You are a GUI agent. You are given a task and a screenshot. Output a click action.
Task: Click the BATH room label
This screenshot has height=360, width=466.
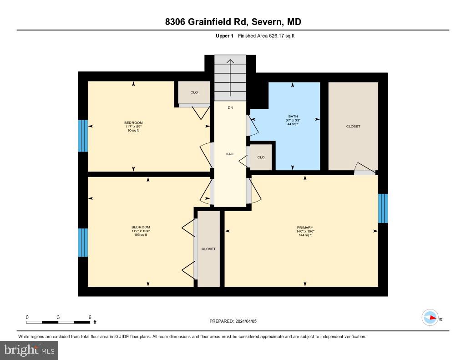[293, 116]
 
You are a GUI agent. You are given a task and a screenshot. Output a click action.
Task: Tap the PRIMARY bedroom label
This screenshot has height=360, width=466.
[305, 228]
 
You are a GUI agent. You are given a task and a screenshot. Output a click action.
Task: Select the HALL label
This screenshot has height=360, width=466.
[230, 154]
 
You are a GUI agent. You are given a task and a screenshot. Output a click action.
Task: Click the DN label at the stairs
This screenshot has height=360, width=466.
[230, 108]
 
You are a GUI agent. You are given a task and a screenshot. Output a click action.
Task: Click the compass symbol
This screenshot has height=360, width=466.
[430, 317]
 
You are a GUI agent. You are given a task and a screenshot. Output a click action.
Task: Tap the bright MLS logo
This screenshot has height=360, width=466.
[29, 350]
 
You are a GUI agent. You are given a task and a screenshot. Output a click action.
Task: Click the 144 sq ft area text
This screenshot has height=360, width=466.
[305, 235]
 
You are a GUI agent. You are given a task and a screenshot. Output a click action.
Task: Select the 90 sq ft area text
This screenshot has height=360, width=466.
[133, 130]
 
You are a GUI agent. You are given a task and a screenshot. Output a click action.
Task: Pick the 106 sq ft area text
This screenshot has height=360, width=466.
[140, 235]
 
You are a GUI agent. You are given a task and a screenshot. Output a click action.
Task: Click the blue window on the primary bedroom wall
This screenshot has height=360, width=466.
[383, 208]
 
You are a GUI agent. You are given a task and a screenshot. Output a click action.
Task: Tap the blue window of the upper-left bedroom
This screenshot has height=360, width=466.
[82, 136]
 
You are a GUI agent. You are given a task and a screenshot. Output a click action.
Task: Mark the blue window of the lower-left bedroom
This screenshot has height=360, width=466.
[82, 243]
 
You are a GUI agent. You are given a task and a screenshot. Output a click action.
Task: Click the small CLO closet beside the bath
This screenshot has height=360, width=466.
[261, 157]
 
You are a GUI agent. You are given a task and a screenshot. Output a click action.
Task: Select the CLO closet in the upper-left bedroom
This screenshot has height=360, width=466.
[194, 92]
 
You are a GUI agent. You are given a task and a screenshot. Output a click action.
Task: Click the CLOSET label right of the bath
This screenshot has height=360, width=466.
[353, 127]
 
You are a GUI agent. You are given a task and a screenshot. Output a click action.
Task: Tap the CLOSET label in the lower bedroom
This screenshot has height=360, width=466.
[208, 249]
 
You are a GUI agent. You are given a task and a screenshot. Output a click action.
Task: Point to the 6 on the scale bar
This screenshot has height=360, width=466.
[90, 317]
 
